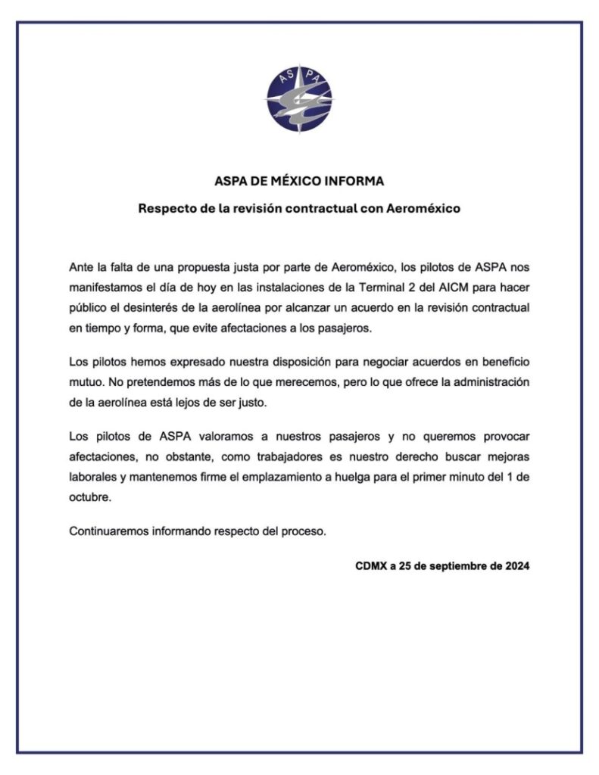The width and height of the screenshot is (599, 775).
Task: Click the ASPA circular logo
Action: pyautogui.click(x=299, y=99)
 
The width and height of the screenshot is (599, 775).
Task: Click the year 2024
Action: pyautogui.click(x=516, y=565)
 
